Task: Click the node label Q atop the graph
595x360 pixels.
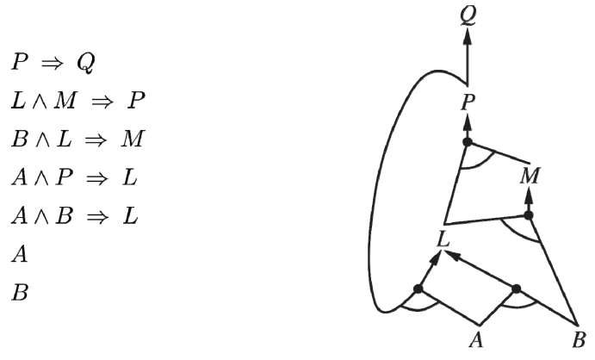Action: click(x=468, y=16)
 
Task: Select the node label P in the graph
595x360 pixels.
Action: click(x=468, y=102)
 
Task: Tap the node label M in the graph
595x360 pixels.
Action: click(x=530, y=176)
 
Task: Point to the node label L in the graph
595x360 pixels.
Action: click(x=443, y=239)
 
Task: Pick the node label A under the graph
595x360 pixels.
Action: click(x=477, y=339)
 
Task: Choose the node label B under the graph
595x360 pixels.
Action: click(x=579, y=339)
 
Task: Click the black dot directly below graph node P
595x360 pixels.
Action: click(x=468, y=142)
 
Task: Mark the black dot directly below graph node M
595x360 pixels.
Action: click(x=529, y=215)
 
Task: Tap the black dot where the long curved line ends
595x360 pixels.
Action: click(x=418, y=289)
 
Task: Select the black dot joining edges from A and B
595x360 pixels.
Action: click(x=516, y=289)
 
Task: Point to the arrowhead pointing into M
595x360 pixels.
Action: click(x=529, y=194)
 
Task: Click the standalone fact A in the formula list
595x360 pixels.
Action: click(x=20, y=254)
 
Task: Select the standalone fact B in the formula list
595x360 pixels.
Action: click(x=20, y=293)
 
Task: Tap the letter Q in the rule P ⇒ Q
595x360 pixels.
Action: click(x=86, y=63)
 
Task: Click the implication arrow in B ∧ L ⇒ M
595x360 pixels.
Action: click(x=96, y=140)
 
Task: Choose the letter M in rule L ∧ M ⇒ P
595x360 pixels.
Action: click(x=65, y=101)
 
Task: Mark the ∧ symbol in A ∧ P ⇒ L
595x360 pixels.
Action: click(x=41, y=178)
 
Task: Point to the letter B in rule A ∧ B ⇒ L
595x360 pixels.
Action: click(x=64, y=216)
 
